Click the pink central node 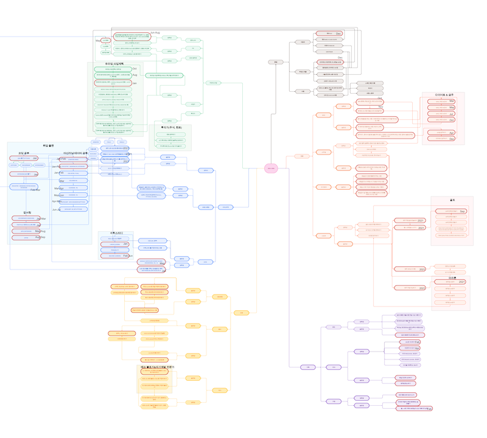[271, 169]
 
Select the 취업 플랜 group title [48, 146]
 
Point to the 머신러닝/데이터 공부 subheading [75, 153]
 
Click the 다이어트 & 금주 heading [443, 95]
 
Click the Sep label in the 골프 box [463, 211]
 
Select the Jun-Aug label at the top [155, 32]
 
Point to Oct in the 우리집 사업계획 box [136, 68]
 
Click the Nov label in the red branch [380, 107]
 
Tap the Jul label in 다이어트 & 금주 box [452, 113]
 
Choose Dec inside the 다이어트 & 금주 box [452, 139]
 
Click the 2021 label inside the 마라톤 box [461, 282]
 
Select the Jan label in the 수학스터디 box [126, 243]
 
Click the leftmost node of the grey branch [275, 62]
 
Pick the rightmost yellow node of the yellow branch [241, 313]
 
